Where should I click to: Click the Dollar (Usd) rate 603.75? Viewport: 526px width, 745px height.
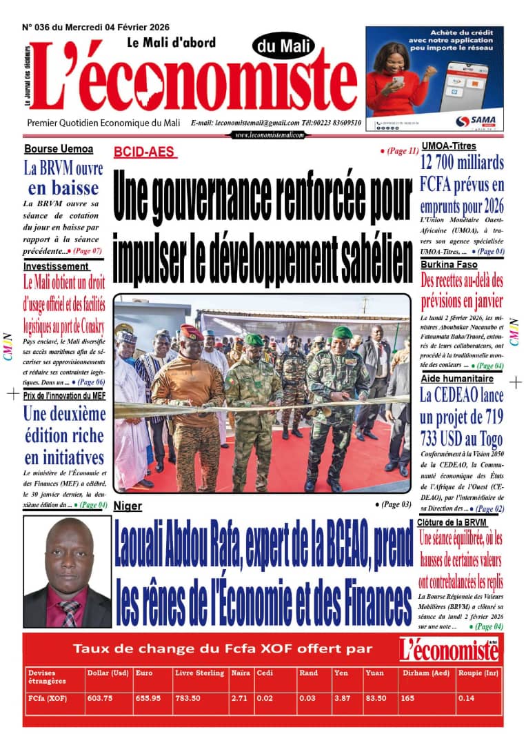point(100,698)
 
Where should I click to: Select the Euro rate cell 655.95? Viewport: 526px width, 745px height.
point(148,698)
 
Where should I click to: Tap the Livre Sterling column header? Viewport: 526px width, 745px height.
point(200,673)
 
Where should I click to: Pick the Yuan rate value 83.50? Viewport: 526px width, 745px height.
point(375,698)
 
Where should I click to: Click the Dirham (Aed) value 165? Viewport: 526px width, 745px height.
point(407,698)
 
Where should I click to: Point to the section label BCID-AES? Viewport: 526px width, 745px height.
point(144,152)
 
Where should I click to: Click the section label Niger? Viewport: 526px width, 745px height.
point(128,506)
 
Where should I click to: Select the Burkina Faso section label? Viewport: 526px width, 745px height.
point(449,264)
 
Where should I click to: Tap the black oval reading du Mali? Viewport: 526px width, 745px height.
point(284,47)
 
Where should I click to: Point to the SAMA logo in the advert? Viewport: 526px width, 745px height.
point(472,121)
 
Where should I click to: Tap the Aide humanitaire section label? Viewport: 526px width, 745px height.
point(458,379)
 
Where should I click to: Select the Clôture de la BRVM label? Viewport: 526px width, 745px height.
point(452,523)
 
